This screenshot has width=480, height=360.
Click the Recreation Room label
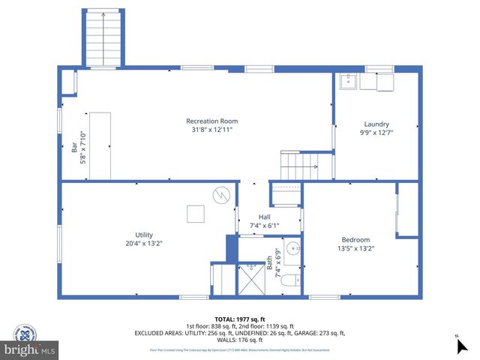[212, 121]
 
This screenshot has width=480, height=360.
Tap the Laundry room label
[376, 124]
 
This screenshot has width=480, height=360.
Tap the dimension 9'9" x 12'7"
[376, 133]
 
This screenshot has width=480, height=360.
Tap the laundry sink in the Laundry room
[347, 80]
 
